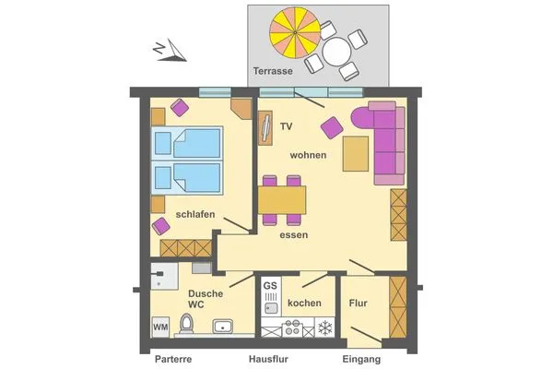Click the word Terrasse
tap(273, 71)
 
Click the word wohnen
tap(308, 155)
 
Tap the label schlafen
tap(195, 215)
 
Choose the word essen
tap(294, 235)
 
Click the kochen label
tap(304, 303)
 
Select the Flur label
tap(359, 303)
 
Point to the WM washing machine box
tap(160, 326)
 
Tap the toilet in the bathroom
tap(187, 324)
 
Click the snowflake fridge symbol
tap(324, 327)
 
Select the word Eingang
tap(360, 359)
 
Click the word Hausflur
tap(268, 359)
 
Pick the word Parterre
tap(172, 359)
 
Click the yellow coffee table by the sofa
tap(356, 153)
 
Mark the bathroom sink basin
tap(222, 326)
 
